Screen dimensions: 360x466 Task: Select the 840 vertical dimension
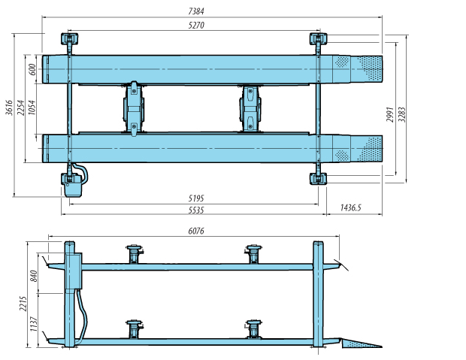33,277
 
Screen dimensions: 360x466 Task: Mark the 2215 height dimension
23,303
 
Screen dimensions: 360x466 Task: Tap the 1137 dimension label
33,323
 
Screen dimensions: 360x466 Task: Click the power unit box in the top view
74,184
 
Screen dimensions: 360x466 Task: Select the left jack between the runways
133,107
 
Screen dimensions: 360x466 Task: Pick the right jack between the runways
250,107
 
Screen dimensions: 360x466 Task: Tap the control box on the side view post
74,271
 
